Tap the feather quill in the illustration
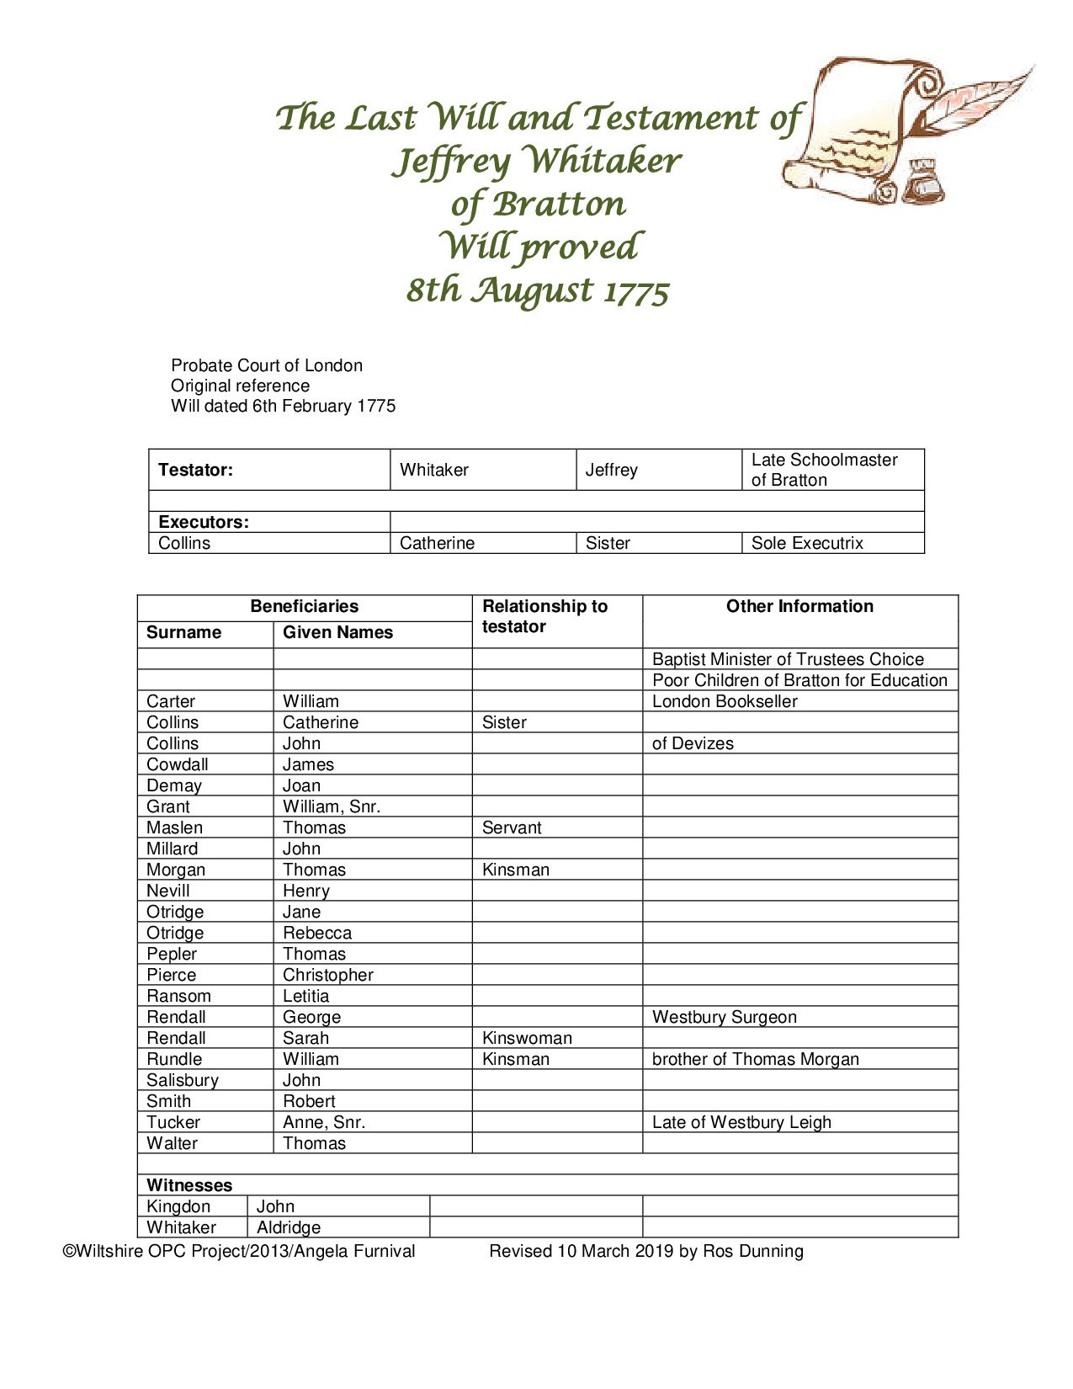[980, 99]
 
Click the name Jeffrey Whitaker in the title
[536, 161]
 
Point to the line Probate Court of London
[266, 365]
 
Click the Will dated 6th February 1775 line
[283, 406]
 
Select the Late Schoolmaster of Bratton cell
[824, 470]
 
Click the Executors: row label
[204, 522]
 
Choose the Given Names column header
[337, 632]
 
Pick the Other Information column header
[799, 606]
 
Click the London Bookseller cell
[725, 701]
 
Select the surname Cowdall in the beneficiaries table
[177, 764]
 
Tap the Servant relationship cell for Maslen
[512, 828]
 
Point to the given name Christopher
[327, 975]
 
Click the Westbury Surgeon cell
[724, 1017]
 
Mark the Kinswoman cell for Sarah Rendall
[527, 1038]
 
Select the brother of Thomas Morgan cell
[755, 1059]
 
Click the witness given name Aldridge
[288, 1227]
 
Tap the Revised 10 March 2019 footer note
[645, 1251]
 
